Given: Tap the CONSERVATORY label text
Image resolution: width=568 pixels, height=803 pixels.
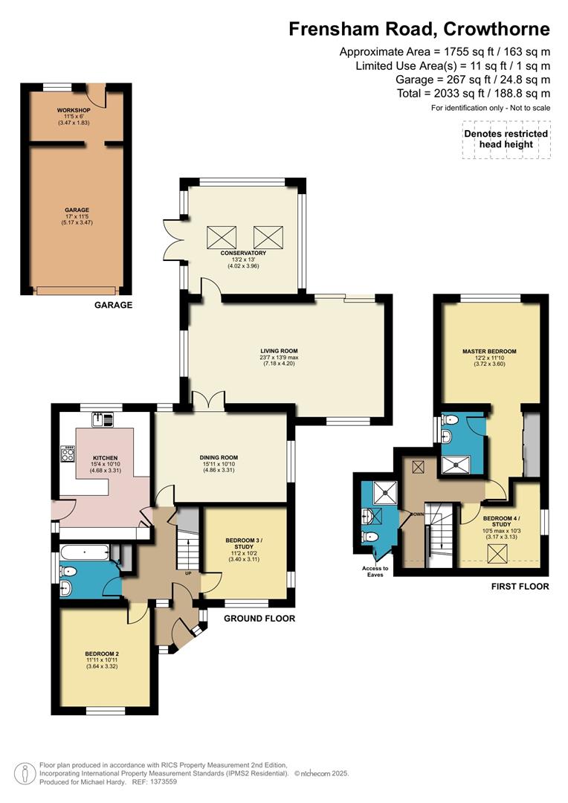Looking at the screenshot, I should (242, 254).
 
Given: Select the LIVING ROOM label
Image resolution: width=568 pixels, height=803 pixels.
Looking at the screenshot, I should (279, 351).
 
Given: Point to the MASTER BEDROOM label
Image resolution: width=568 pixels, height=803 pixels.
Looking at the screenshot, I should (488, 351).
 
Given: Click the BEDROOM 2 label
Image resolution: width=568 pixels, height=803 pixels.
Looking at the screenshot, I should (102, 654).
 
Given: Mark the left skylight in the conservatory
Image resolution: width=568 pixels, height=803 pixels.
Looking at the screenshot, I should (220, 237).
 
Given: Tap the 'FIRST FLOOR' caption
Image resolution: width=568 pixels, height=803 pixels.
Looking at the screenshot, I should (520, 587).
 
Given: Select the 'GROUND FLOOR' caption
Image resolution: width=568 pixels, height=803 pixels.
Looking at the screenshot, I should (259, 619).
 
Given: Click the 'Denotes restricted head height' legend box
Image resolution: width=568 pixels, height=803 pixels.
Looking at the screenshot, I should (506, 139).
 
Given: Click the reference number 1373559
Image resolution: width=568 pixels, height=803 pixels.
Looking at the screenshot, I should (161, 781).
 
